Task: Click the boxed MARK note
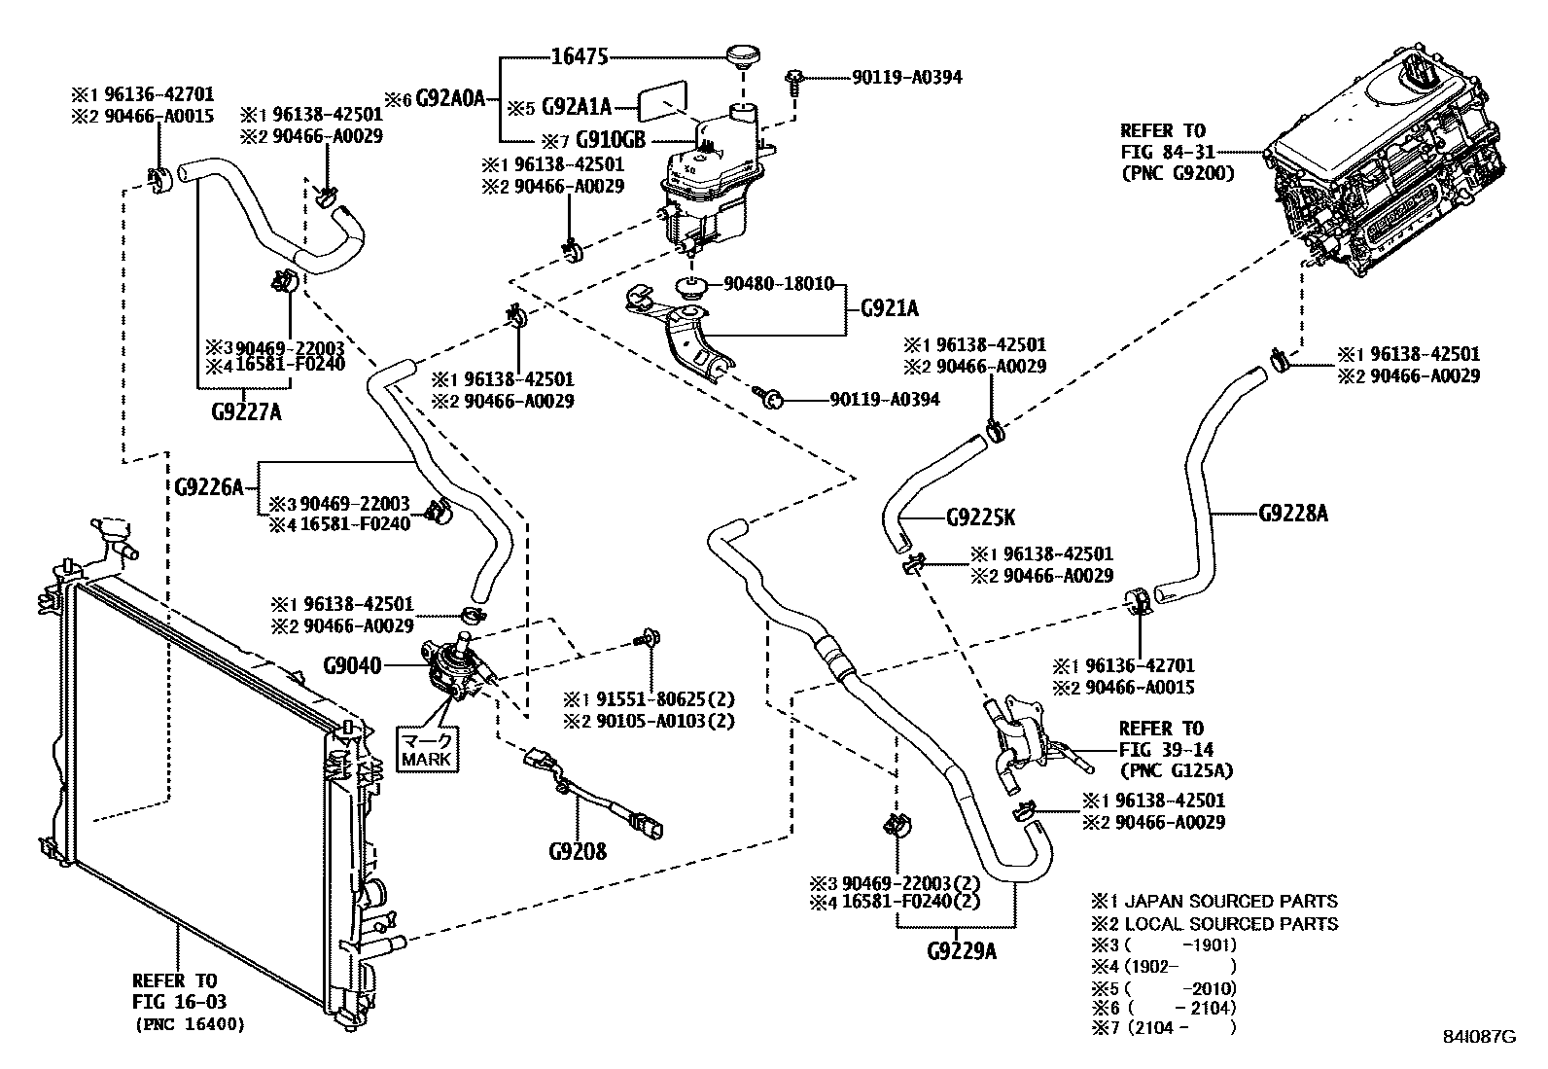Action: [426, 749]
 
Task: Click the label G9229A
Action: [961, 950]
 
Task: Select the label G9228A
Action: [1292, 513]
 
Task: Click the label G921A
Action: [889, 309]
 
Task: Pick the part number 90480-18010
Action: [778, 284]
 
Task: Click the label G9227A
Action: [246, 410]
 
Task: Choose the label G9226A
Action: [209, 486]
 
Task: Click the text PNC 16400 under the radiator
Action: [189, 1024]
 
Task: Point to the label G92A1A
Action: [578, 105]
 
